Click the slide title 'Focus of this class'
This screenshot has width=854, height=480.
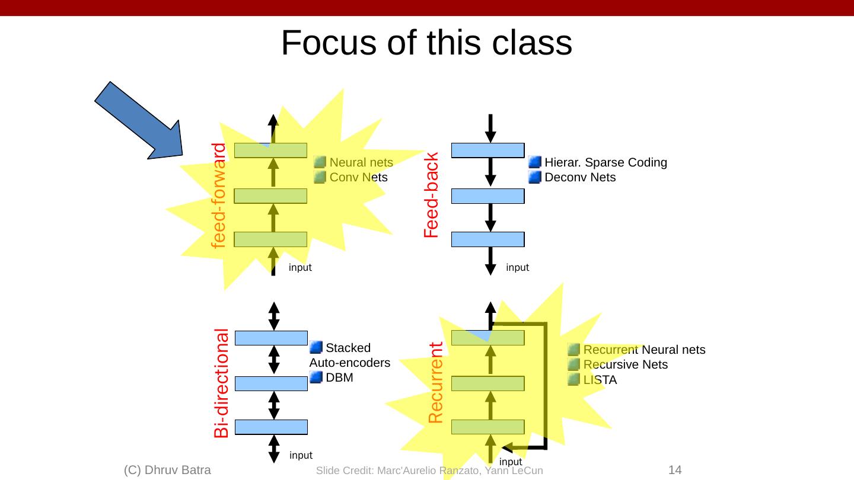click(x=426, y=43)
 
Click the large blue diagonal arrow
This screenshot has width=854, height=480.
click(x=139, y=121)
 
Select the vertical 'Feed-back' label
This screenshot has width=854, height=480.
click(x=432, y=196)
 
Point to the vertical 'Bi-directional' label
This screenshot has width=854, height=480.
click(x=222, y=383)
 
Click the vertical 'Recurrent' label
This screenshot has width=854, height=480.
click(x=436, y=383)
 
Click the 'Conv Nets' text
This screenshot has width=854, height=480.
click(x=358, y=177)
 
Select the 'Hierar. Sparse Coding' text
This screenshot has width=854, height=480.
click(x=606, y=162)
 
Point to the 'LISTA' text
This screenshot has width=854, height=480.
click(x=600, y=380)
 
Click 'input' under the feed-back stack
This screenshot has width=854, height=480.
click(x=517, y=267)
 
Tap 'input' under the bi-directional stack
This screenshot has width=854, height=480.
click(x=301, y=455)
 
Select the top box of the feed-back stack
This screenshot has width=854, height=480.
click(x=488, y=151)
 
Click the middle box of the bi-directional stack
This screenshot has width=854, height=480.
click(x=272, y=383)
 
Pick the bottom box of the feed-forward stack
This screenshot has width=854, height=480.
click(x=270, y=239)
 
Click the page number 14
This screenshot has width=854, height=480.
click(x=675, y=470)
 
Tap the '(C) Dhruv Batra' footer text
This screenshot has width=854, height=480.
click(x=168, y=470)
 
